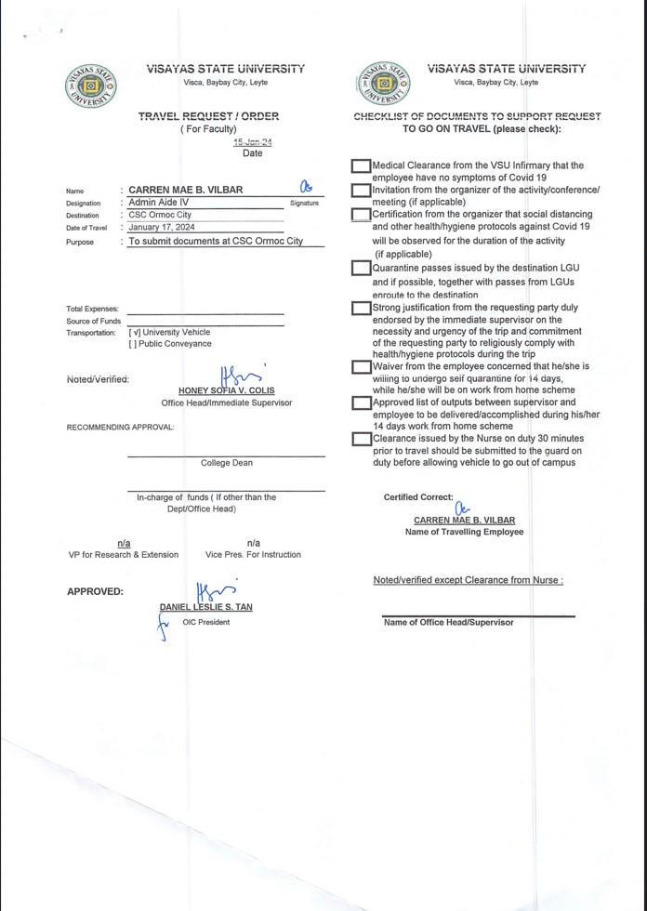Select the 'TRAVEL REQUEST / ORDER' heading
click(x=208, y=116)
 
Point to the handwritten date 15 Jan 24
click(x=252, y=142)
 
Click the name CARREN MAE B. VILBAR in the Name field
click(x=185, y=190)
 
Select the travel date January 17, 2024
click(x=162, y=227)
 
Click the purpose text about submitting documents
click(x=216, y=241)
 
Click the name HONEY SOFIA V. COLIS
click(x=227, y=390)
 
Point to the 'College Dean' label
click(x=226, y=463)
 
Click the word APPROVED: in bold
click(x=95, y=591)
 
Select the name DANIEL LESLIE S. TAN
click(x=205, y=607)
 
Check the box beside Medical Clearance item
click(x=361, y=166)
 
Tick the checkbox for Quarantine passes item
click(x=361, y=268)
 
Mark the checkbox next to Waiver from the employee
click(x=361, y=367)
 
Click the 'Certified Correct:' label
click(x=418, y=497)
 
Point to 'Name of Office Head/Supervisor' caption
click(x=448, y=623)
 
